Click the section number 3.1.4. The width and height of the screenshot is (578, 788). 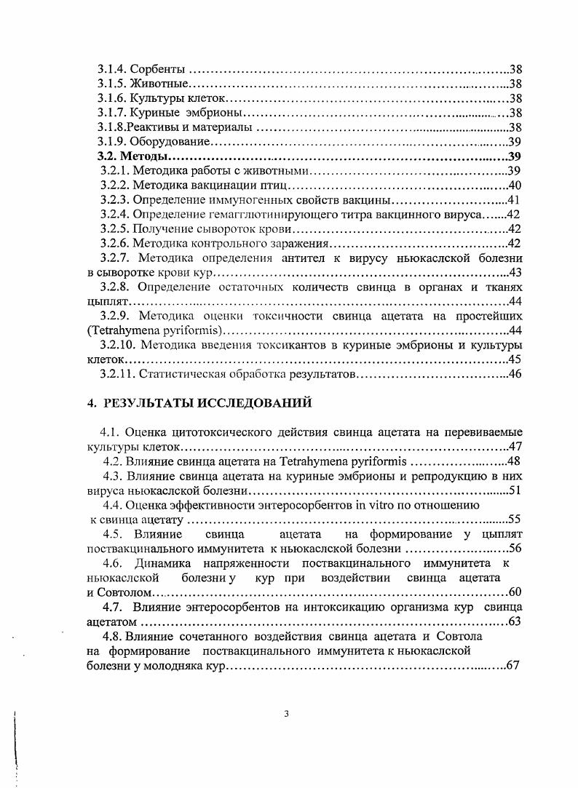pyautogui.click(x=114, y=70)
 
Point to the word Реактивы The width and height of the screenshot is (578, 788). pyautogui.click(x=163, y=127)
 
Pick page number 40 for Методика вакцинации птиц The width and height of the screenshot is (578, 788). pyautogui.click(x=514, y=186)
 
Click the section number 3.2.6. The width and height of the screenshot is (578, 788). pyautogui.click(x=115, y=244)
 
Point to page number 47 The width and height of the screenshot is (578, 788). pyautogui.click(x=515, y=447)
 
